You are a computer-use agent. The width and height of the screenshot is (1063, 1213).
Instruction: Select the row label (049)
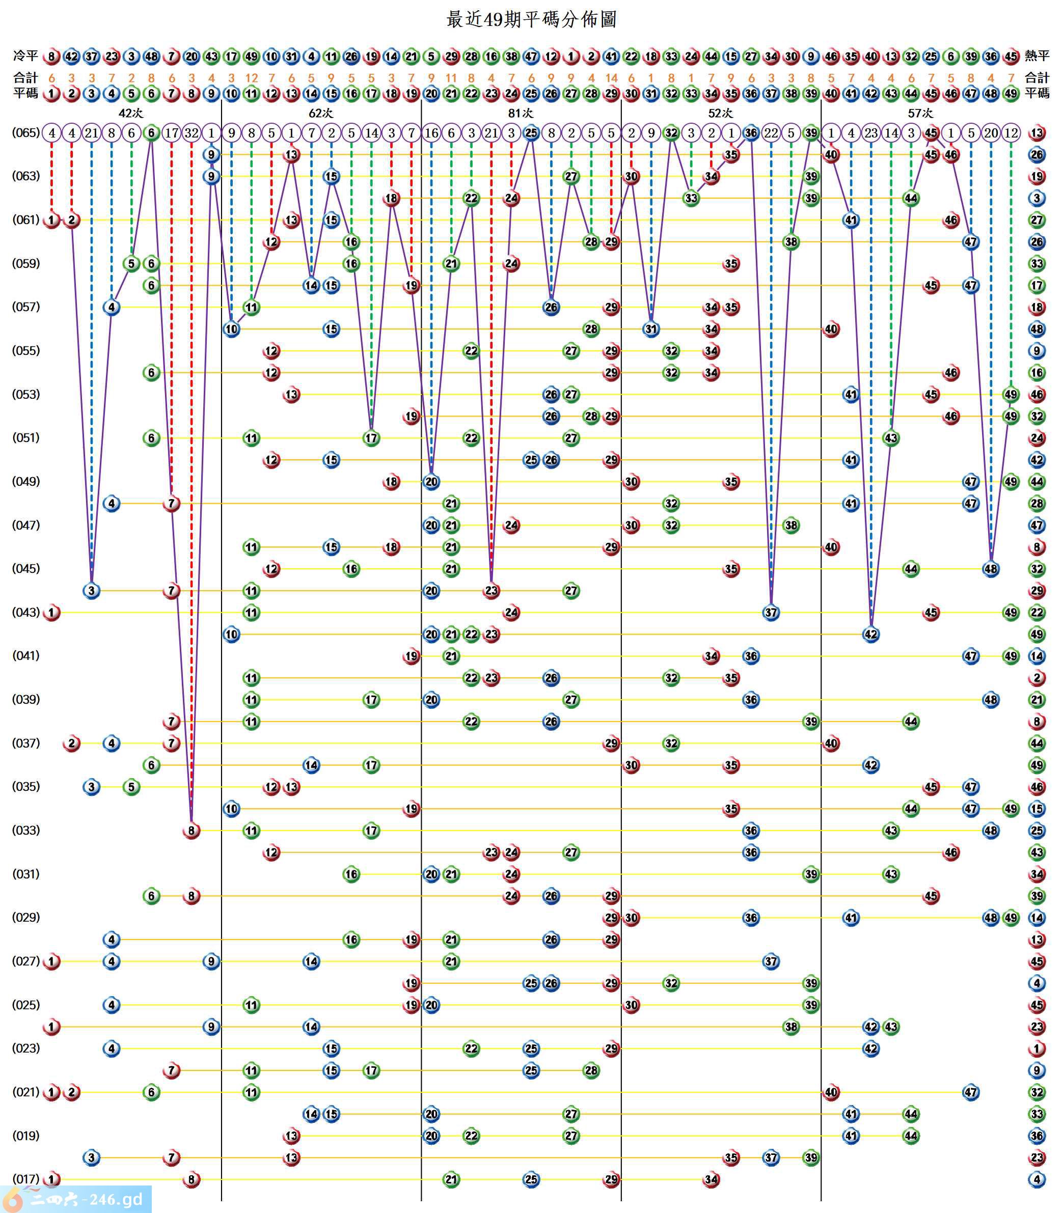[x=26, y=481]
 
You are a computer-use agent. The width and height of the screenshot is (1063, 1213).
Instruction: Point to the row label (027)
[x=26, y=961]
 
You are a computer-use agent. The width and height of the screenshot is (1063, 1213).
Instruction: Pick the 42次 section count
[x=130, y=113]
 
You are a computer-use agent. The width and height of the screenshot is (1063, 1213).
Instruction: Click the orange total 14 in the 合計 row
[x=611, y=78]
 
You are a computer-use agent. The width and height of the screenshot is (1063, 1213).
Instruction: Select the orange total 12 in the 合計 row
[x=252, y=78]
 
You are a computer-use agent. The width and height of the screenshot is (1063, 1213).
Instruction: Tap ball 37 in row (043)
[x=771, y=612]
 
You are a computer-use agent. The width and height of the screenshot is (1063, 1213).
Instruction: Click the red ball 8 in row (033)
[x=191, y=831]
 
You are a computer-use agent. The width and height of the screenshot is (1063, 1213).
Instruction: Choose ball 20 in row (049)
[x=431, y=482]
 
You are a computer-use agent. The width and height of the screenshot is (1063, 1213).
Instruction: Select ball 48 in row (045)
[x=991, y=569]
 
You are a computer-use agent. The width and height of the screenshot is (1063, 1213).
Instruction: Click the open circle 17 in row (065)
[x=172, y=133]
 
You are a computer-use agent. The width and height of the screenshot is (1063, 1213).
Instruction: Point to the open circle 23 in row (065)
[x=871, y=133]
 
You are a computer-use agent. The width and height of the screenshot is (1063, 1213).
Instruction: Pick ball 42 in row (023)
[x=871, y=1048]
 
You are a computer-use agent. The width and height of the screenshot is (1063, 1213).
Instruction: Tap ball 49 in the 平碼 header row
[x=1011, y=93]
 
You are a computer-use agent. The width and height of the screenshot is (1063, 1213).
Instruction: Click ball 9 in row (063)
[x=211, y=176]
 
